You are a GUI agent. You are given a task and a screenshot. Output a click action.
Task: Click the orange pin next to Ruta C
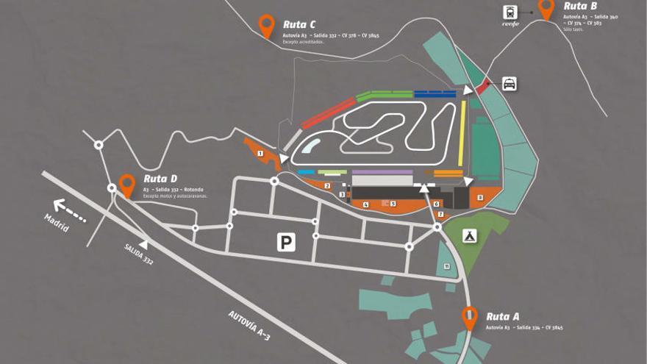coord(267,25)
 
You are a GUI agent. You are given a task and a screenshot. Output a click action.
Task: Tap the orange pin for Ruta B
coord(546,9)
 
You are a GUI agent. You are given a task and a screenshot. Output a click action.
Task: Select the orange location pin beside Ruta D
coord(127,184)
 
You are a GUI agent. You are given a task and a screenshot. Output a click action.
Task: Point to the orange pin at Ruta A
coord(470,317)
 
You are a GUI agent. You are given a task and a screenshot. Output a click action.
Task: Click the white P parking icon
coord(286,242)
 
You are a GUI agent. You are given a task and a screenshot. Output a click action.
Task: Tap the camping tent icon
coord(469,235)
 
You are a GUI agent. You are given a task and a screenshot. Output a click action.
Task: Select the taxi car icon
coord(510,83)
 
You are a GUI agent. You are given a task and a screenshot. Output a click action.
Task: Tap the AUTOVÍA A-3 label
coord(250,326)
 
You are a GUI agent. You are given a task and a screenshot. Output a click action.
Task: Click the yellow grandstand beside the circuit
coord(462,132)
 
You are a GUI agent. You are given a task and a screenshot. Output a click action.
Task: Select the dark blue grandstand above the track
coord(435,93)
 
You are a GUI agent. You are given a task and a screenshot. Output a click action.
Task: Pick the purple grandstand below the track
coord(382,172)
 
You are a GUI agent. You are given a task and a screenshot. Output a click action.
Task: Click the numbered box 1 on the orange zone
coord(260,153)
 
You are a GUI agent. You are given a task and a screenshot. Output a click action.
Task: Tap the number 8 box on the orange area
coord(480,197)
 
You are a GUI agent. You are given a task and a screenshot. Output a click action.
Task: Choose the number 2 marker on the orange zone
coord(327,185)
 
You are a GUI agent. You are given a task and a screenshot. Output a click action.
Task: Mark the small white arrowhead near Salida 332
coord(143,243)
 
